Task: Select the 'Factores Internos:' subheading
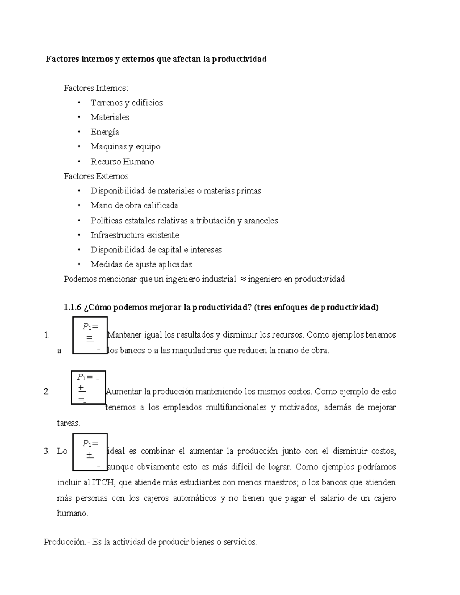pyautogui.click(x=96, y=88)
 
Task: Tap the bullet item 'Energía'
pyautogui.click(x=105, y=132)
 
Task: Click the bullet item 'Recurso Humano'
pyautogui.click(x=122, y=162)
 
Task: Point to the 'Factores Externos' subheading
pyautogui.click(x=96, y=176)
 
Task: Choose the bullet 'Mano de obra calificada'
pyautogui.click(x=134, y=206)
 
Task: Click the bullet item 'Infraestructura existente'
pyautogui.click(x=135, y=235)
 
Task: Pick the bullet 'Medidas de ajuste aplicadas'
pyautogui.click(x=141, y=264)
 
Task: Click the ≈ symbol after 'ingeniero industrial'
pyautogui.click(x=243, y=279)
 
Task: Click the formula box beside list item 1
pyautogui.click(x=90, y=335)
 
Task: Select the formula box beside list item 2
pyautogui.click(x=88, y=387)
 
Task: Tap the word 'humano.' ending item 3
pyautogui.click(x=72, y=514)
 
